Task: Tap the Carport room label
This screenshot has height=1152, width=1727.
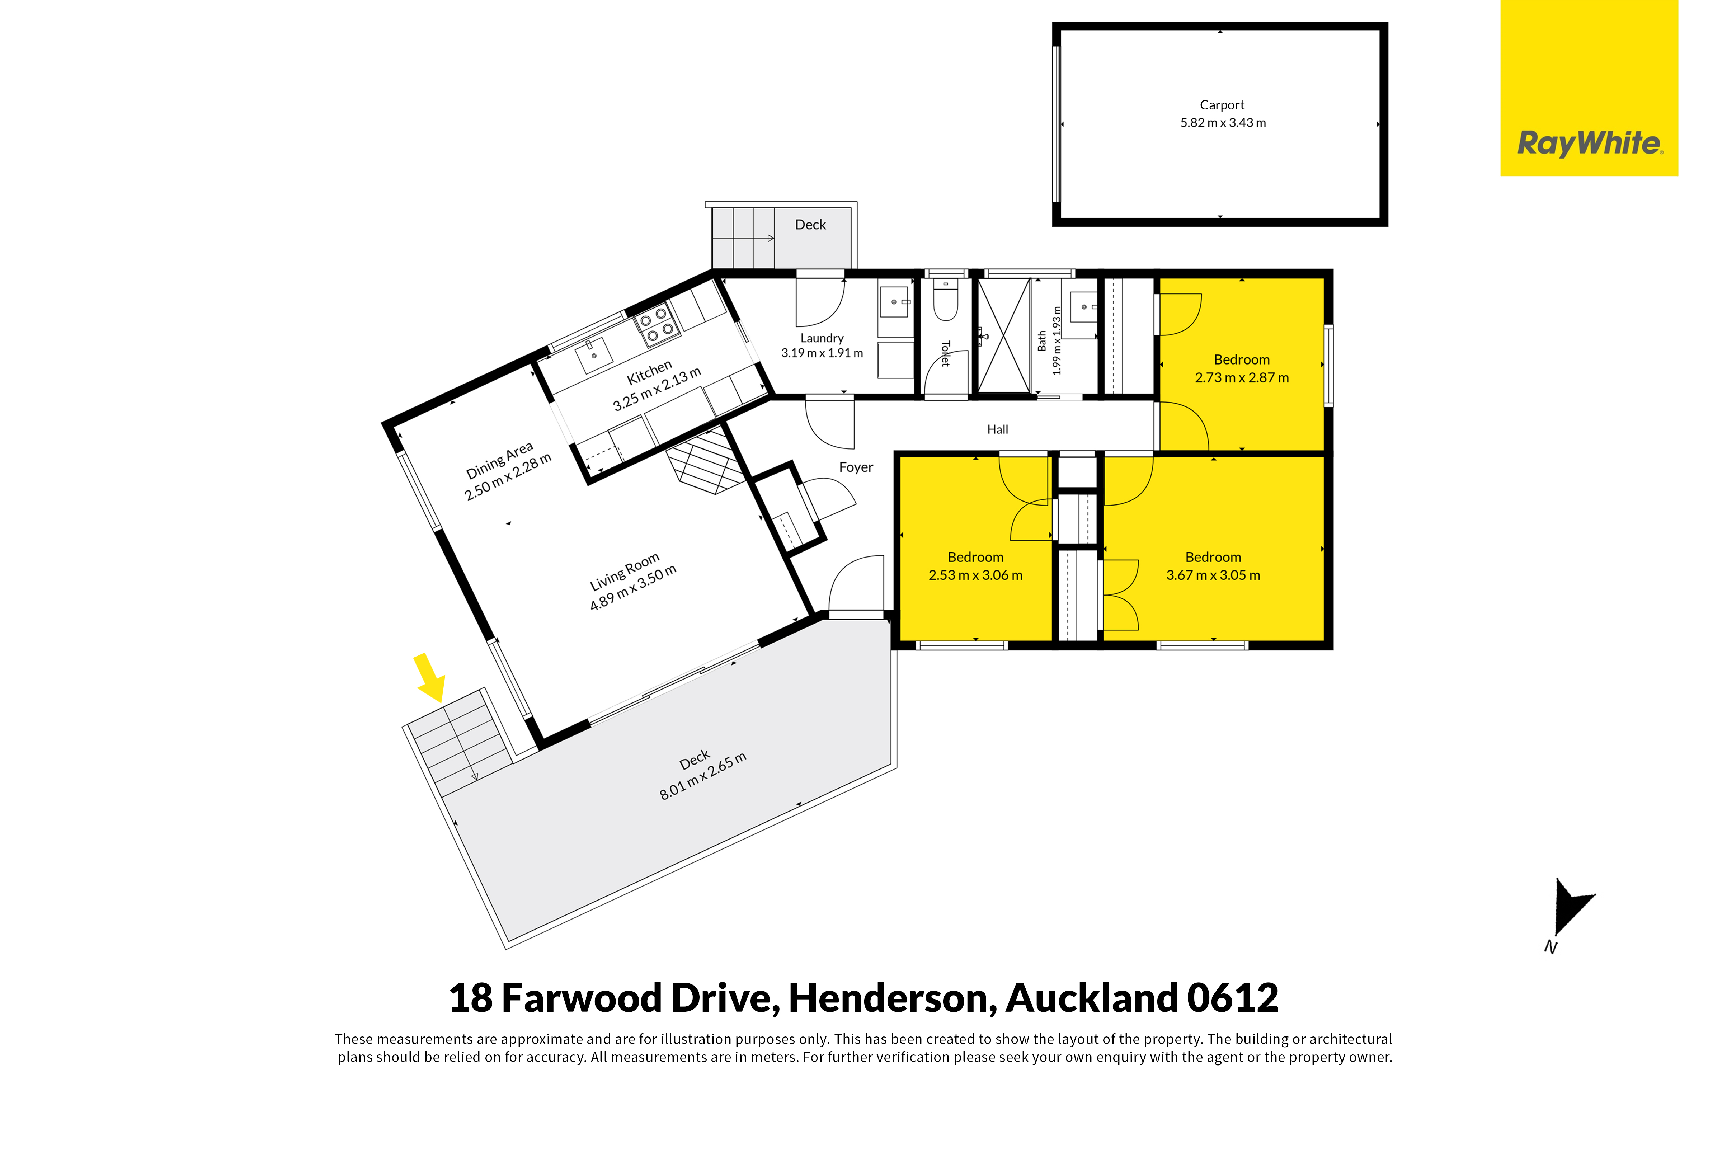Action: point(1222,105)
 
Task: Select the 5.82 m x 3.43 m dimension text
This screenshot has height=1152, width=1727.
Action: point(1223,123)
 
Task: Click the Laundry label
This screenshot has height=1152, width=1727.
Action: point(822,338)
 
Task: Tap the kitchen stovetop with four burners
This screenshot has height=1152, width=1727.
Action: point(656,325)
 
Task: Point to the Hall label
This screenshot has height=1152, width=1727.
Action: point(998,429)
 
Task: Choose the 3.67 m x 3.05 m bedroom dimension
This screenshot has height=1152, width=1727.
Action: point(1214,575)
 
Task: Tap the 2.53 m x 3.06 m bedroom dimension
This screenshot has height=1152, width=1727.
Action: point(975,575)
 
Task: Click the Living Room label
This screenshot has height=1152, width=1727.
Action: point(625,572)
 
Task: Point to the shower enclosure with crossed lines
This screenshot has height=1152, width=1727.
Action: point(1003,337)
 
